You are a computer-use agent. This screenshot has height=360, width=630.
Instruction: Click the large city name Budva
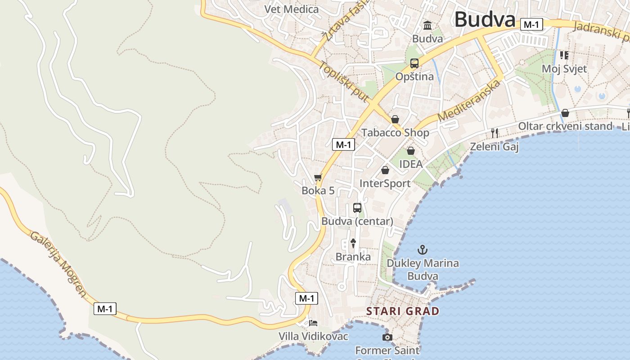pyautogui.click(x=485, y=20)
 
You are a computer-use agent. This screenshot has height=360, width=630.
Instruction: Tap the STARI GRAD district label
pyautogui.click(x=402, y=311)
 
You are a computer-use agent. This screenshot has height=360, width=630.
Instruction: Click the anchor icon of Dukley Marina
pyautogui.click(x=422, y=250)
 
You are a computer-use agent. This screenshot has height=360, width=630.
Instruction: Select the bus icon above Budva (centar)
pyautogui.click(x=357, y=208)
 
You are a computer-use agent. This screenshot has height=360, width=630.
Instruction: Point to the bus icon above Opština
pyautogui.click(x=414, y=63)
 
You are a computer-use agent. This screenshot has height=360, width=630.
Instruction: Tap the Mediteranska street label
pyautogui.click(x=469, y=100)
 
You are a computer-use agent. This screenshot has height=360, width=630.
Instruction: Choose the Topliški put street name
pyautogui.click(x=344, y=81)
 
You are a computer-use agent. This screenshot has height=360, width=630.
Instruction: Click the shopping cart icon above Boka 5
pyautogui.click(x=318, y=177)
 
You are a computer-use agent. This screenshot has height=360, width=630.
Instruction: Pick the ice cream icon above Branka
pyautogui.click(x=353, y=243)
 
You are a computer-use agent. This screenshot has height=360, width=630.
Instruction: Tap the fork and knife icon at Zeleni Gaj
pyautogui.click(x=495, y=133)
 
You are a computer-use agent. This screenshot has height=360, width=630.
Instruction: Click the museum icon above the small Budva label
pyautogui.click(x=427, y=25)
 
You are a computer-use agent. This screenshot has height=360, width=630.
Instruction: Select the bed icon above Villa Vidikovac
pyautogui.click(x=313, y=323)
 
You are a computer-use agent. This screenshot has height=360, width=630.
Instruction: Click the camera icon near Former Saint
pyautogui.click(x=387, y=337)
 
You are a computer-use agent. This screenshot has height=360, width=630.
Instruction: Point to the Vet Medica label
pyautogui.click(x=291, y=9)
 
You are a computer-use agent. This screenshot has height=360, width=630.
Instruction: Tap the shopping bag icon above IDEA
pyautogui.click(x=411, y=151)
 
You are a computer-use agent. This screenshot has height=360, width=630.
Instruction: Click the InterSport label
pyautogui.click(x=385, y=184)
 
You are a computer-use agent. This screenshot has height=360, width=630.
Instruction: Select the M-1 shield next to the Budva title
pyautogui.click(x=531, y=24)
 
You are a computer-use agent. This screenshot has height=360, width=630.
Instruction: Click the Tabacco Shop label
pyautogui.click(x=395, y=133)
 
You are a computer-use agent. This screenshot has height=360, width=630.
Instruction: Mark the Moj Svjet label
pyautogui.click(x=564, y=69)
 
